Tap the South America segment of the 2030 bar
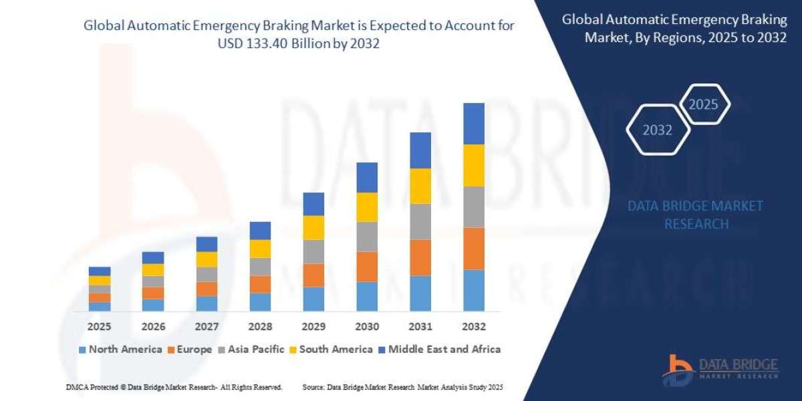tap(367, 207)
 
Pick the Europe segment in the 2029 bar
tap(313, 275)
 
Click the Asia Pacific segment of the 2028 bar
tap(260, 267)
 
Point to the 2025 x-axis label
tap(99, 327)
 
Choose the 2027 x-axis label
tap(207, 327)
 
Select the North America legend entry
tap(120, 349)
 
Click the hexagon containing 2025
tap(703, 105)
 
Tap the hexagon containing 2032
tap(658, 130)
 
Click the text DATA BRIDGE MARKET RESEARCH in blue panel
tap(696, 215)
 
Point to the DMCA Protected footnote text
tap(174, 387)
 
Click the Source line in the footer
tap(402, 387)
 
